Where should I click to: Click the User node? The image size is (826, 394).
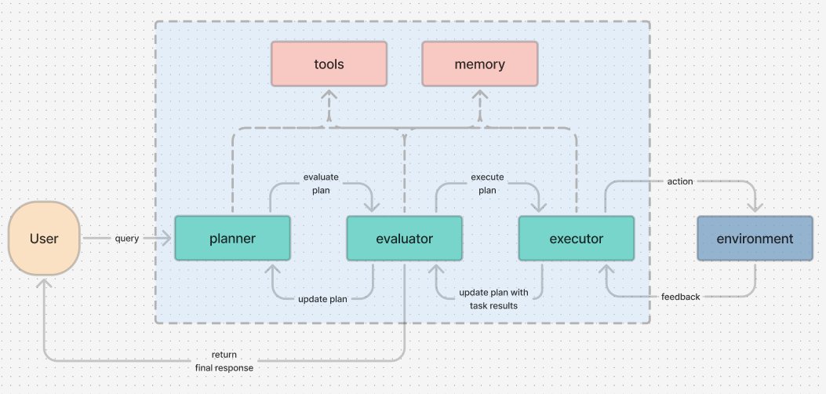pyautogui.click(x=43, y=238)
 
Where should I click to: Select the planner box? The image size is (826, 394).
pyautogui.click(x=232, y=238)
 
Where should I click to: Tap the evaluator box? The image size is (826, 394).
pyautogui.click(x=405, y=238)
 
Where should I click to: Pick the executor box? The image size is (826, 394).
pyautogui.click(x=577, y=238)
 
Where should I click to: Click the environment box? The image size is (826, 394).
pyautogui.click(x=755, y=238)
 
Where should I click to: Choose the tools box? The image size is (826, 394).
pyautogui.click(x=329, y=64)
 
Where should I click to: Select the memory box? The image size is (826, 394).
pyautogui.click(x=479, y=64)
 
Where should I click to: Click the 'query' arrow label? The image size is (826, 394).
pyautogui.click(x=126, y=238)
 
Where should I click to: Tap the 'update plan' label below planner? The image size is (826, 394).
pyautogui.click(x=322, y=298)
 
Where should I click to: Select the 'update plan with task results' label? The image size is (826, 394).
pyautogui.click(x=493, y=298)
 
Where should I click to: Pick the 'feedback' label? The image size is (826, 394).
pyautogui.click(x=679, y=297)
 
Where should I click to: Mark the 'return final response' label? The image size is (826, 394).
pyautogui.click(x=224, y=361)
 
